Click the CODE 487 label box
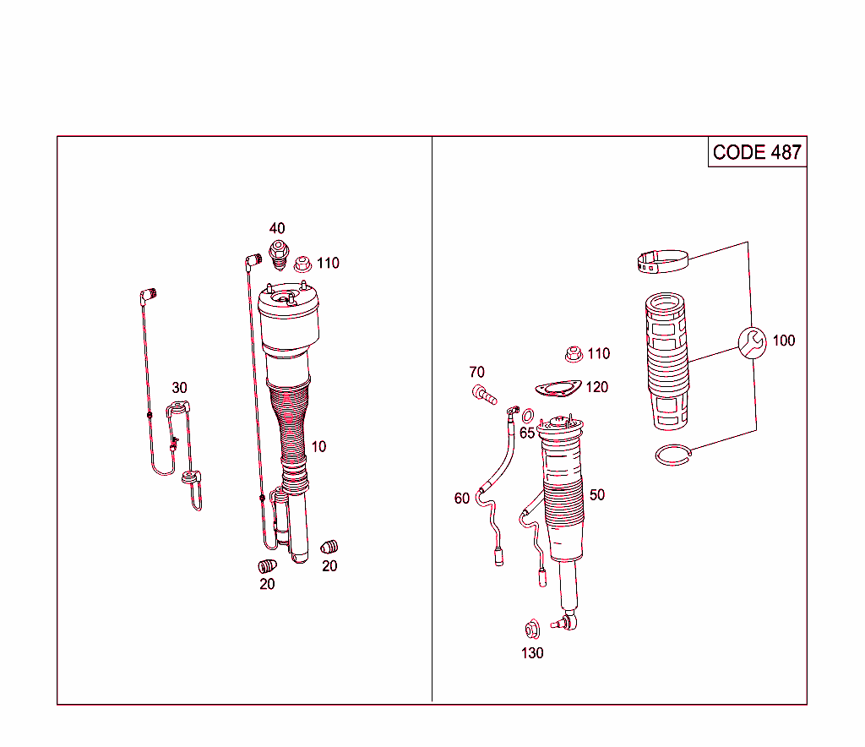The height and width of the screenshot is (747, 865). click(757, 152)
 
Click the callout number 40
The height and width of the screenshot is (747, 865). click(277, 228)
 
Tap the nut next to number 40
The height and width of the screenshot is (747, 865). click(279, 250)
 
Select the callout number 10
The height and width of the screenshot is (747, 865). click(318, 446)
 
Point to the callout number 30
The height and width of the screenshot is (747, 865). click(179, 388)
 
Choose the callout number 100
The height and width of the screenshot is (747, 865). click(784, 341)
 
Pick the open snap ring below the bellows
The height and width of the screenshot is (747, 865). click(676, 455)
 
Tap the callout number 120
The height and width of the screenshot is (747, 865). click(596, 387)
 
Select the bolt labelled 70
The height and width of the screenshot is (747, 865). click(483, 393)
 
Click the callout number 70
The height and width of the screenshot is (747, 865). click(477, 372)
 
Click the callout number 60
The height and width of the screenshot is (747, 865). click(461, 499)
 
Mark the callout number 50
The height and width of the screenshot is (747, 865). click(597, 494)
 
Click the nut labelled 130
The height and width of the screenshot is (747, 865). click(532, 629)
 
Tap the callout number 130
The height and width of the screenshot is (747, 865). click(532, 653)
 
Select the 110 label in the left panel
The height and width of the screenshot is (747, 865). click(328, 263)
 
